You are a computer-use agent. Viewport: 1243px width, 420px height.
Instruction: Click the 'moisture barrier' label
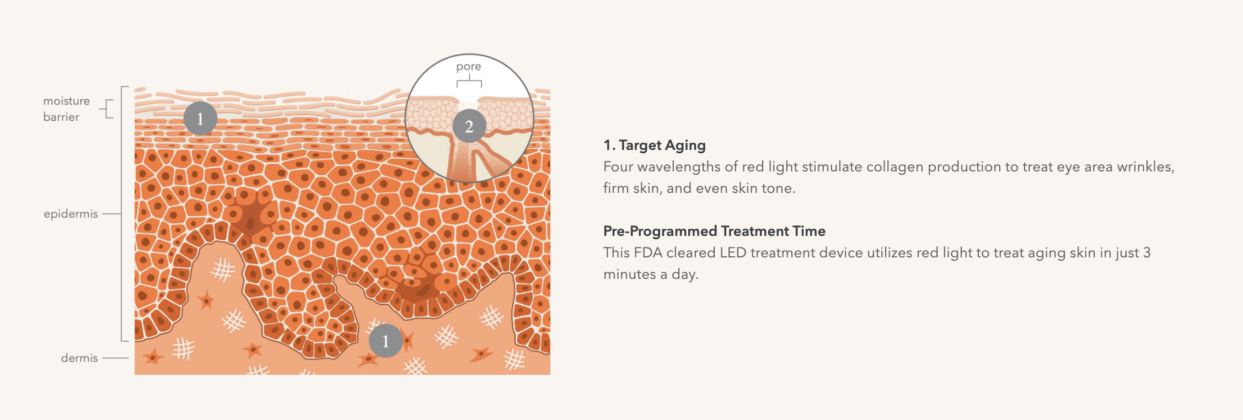point(66,109)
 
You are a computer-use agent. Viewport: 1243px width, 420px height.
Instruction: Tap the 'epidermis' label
point(71,214)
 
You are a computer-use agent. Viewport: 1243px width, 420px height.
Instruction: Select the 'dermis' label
point(79,358)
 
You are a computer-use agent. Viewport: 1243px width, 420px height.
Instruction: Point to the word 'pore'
point(469,67)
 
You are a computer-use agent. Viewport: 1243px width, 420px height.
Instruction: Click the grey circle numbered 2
point(469,126)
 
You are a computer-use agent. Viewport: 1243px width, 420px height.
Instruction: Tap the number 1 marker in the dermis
point(385,341)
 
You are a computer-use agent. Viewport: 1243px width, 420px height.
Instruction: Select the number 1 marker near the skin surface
point(200,119)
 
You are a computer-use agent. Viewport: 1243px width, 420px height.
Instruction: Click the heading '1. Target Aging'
point(655,145)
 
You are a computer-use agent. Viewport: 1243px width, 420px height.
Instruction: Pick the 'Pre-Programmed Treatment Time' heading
point(714,231)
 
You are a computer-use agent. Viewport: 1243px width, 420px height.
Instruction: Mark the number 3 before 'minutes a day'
point(1147,252)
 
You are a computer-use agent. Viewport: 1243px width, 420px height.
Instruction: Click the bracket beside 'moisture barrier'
point(108,109)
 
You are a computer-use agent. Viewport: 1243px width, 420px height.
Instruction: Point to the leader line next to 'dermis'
point(115,358)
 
